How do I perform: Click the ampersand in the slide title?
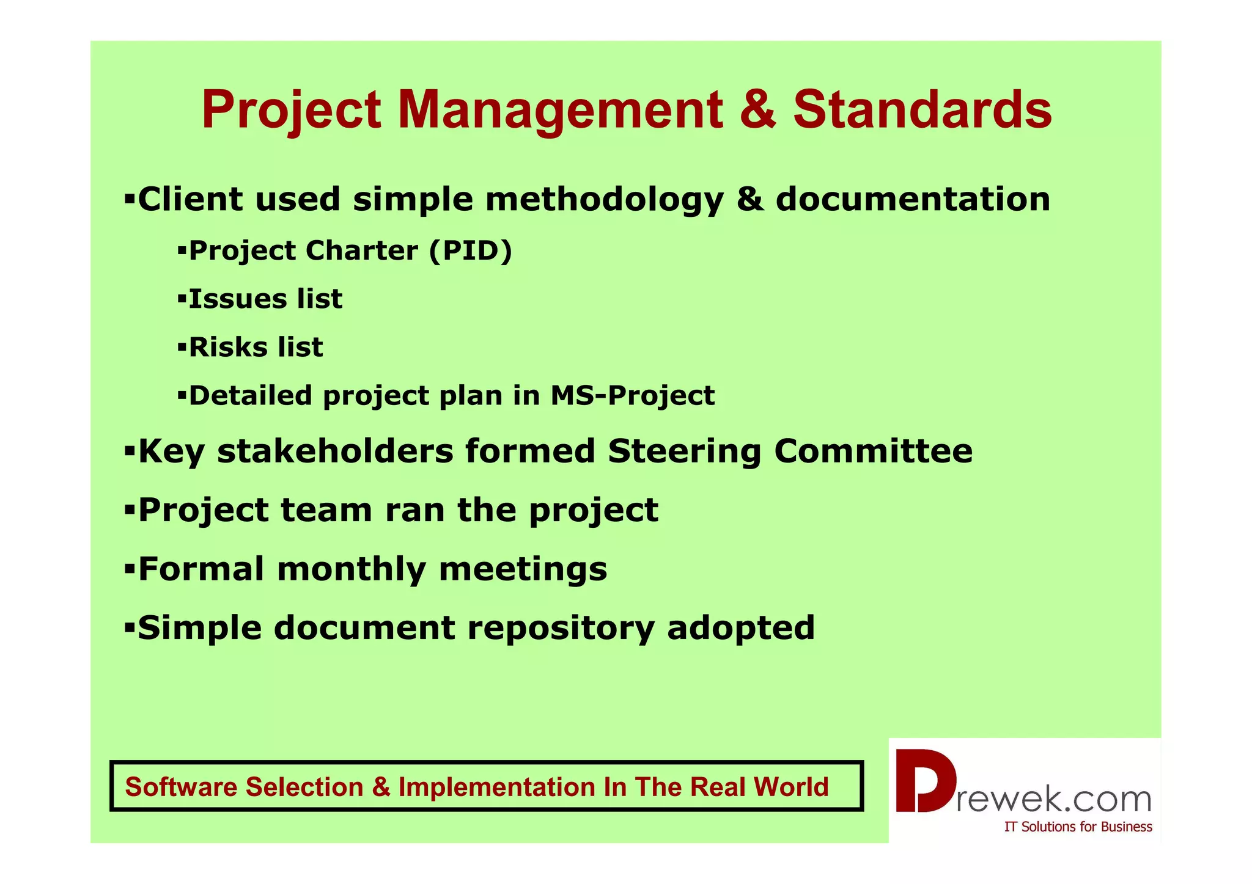[758, 110]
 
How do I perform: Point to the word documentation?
[913, 199]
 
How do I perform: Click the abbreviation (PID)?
[471, 251]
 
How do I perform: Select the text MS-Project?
[632, 395]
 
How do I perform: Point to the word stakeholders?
[335, 451]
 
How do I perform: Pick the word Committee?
[873, 451]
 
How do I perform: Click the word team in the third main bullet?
[326, 510]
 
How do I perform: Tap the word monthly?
[352, 569]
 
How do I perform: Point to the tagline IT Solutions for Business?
[1078, 827]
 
